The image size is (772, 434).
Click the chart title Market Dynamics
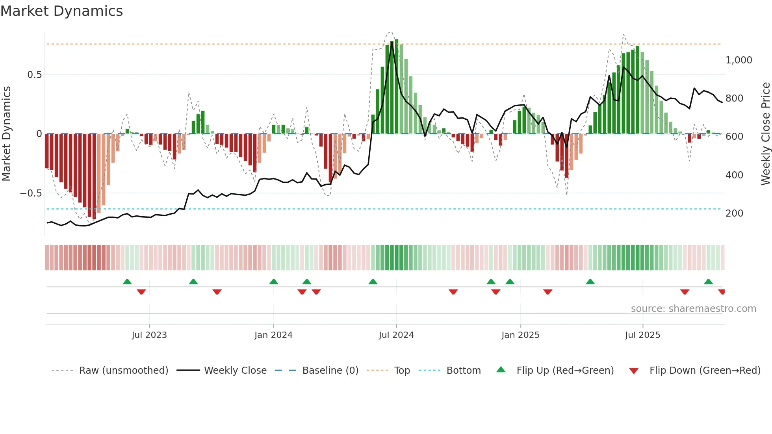tap(61, 11)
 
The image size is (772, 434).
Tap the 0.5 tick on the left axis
tap(34, 75)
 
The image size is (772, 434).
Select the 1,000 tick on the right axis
tap(739, 60)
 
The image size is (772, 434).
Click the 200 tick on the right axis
tap(734, 213)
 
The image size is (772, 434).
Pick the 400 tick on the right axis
tap(734, 175)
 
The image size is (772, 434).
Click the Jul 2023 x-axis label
tap(149, 335)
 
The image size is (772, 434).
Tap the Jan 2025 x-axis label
tap(520, 335)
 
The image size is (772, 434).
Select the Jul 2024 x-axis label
tap(396, 335)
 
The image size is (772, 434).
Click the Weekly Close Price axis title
tap(765, 134)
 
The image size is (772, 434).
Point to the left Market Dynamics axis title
tap(6, 134)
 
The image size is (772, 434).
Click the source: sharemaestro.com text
tap(693, 309)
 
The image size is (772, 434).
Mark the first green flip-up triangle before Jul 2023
tap(127, 282)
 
